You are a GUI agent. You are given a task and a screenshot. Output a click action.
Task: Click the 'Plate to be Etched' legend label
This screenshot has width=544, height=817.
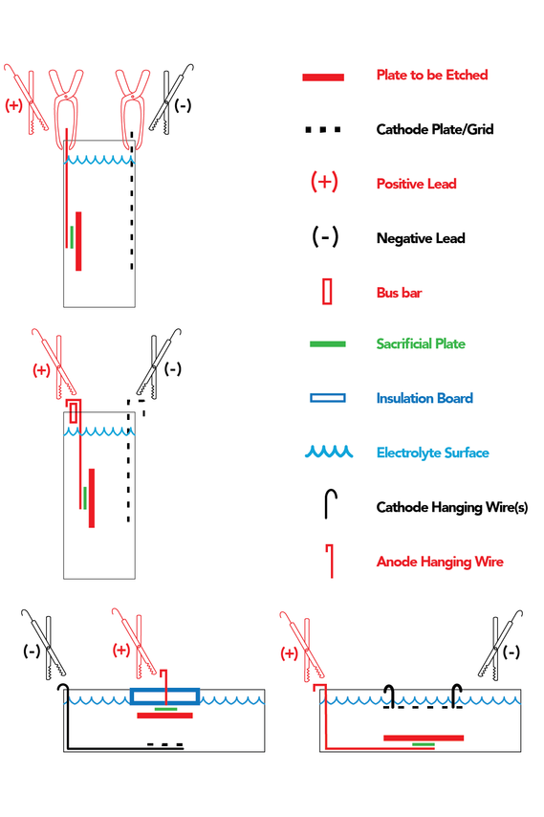[432, 75]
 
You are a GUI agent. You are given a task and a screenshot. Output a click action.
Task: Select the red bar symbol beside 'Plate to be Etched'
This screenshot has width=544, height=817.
[323, 77]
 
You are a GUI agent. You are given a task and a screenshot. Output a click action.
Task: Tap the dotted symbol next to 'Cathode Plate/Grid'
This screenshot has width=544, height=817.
[323, 129]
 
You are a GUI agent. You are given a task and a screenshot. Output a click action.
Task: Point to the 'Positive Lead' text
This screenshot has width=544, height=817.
[417, 184]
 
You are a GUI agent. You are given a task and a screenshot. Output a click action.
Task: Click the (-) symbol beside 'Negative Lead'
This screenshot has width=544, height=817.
[325, 236]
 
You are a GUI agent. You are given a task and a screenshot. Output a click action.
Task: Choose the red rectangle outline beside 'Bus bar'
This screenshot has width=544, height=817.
[327, 292]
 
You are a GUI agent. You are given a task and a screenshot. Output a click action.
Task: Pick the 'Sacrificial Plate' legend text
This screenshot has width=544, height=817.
[421, 343]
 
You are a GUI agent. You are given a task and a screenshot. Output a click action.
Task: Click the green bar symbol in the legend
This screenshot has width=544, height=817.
[327, 343]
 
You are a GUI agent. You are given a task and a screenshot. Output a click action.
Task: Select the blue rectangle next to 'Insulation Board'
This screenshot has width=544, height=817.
[327, 398]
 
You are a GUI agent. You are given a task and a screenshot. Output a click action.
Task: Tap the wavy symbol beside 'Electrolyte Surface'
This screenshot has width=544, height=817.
[329, 452]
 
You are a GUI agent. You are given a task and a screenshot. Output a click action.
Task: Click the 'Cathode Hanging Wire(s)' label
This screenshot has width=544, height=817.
[452, 507]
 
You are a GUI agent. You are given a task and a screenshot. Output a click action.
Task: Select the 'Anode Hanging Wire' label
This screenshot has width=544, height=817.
[440, 562]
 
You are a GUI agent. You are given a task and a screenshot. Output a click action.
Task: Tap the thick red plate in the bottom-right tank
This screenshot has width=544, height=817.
[424, 738]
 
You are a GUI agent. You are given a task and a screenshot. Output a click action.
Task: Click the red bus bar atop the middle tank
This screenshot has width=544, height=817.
[74, 412]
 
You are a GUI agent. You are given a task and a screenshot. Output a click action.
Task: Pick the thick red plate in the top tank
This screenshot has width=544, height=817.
[78, 241]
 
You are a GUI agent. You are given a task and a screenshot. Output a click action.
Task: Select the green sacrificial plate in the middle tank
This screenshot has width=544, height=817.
[85, 498]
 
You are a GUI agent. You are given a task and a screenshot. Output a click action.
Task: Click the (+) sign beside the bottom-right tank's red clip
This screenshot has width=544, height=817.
[289, 653]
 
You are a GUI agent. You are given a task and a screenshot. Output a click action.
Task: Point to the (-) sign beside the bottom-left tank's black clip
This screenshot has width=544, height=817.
[32, 651]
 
